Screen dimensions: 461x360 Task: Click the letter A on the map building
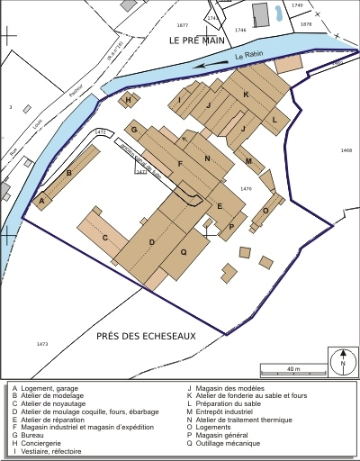click(x=41, y=202)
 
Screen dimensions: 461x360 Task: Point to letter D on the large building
click(x=152, y=243)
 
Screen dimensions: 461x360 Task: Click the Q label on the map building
click(x=184, y=253)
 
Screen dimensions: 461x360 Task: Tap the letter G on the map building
click(x=134, y=131)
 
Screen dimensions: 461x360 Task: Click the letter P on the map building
click(x=231, y=226)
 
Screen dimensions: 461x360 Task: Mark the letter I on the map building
click(x=180, y=99)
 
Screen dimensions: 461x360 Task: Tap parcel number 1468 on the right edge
click(x=346, y=150)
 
